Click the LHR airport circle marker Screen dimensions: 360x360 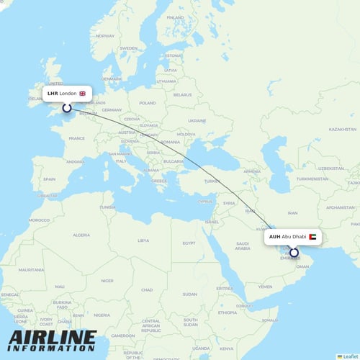coord(67,108)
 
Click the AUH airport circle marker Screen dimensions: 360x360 coord(294,252)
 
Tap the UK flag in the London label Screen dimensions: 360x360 coord(82,94)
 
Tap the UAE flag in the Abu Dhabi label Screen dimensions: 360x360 coord(313,236)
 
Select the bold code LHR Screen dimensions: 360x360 coord(53,94)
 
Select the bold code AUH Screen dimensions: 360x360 coord(274,236)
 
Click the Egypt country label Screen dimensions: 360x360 coord(189,243)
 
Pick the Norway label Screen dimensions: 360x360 coord(105,35)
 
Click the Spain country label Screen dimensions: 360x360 coord(49,179)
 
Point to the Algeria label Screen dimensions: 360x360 coord(81,235)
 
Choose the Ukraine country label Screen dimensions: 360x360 coord(197,120)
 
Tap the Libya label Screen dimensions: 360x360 coord(143,240)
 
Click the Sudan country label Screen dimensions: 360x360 coord(190,294)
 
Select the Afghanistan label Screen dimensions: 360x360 coord(340,207)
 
